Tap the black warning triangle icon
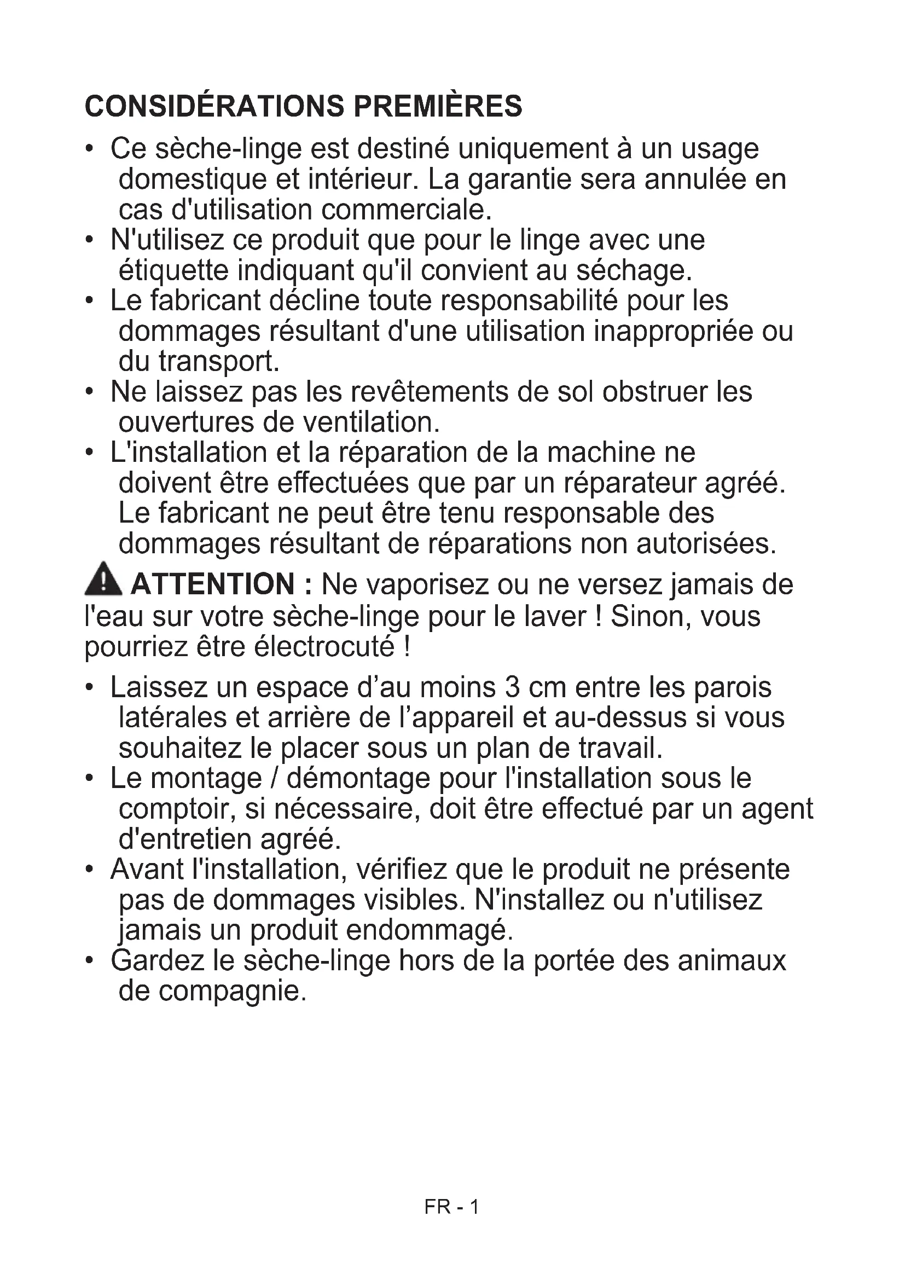click(x=103, y=578)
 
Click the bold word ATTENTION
click(x=212, y=585)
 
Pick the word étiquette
click(x=173, y=271)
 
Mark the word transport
click(x=218, y=362)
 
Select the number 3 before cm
click(x=512, y=687)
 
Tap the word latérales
click(x=172, y=718)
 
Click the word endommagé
click(x=428, y=930)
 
